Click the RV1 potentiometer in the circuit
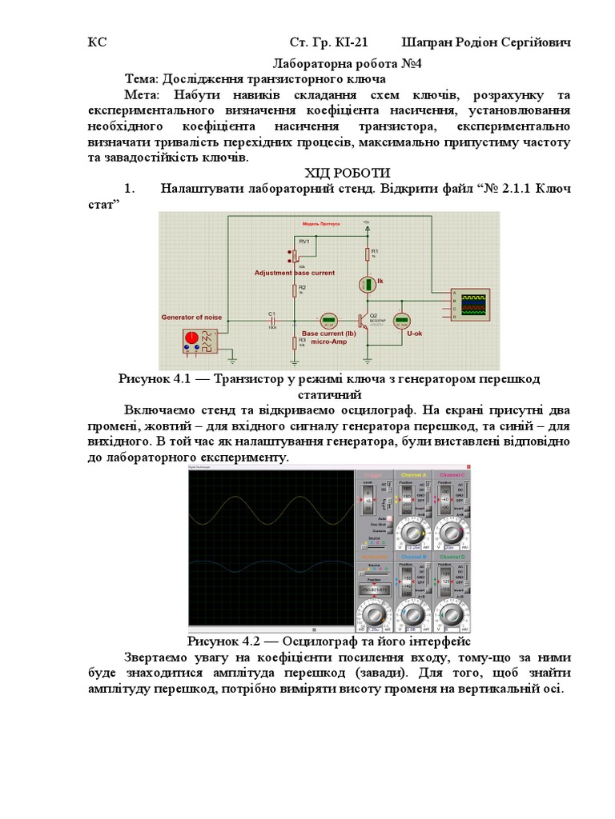pos(294,255)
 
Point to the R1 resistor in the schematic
pos(368,254)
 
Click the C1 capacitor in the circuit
pos(271,320)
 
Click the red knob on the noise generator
pos(191,338)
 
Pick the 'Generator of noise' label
pos(191,318)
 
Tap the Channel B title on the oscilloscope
pos(413,556)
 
